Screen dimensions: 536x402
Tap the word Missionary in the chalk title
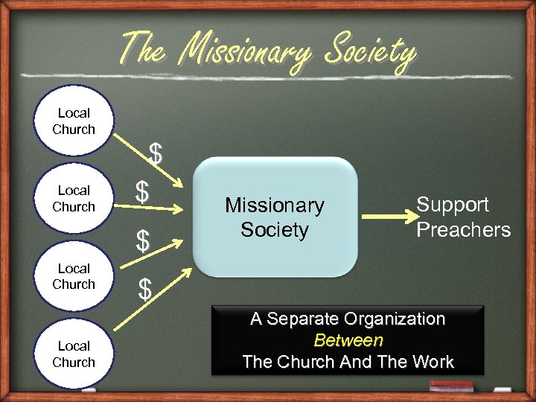246,51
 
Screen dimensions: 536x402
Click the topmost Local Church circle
74,121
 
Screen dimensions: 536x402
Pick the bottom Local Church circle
74,354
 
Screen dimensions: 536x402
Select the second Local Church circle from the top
74,199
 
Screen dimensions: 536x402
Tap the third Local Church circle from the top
74,276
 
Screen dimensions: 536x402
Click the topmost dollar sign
156,153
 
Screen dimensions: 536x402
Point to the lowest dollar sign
145,289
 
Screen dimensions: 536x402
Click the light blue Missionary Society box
275,217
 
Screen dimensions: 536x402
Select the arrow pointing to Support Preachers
387,217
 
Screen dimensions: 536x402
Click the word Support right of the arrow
452,205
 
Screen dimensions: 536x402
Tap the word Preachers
463,229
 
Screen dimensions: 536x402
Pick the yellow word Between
348,341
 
